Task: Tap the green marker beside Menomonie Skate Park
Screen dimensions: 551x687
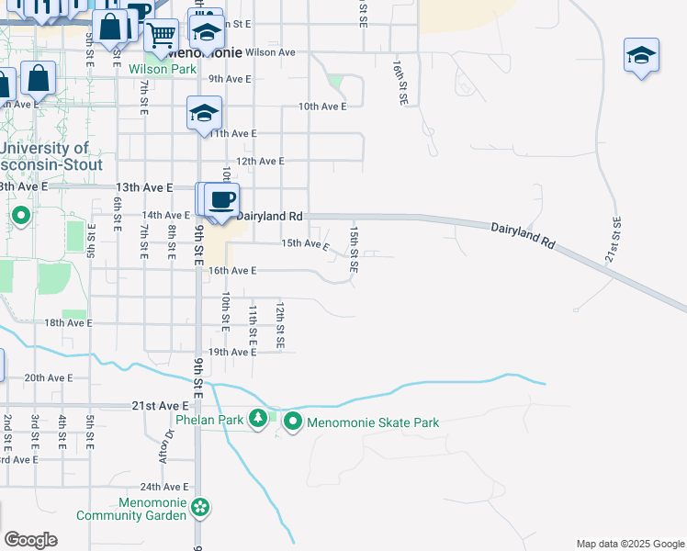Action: (x=293, y=422)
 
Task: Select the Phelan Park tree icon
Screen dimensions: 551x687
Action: (x=259, y=420)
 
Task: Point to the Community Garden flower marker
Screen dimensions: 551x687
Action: (x=200, y=506)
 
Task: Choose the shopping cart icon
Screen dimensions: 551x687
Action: (x=162, y=36)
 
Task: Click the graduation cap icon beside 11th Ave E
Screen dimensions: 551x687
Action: (x=204, y=114)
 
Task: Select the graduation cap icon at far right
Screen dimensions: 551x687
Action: (x=641, y=56)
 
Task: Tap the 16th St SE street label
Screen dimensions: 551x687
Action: (x=400, y=84)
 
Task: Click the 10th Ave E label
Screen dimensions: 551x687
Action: (x=321, y=107)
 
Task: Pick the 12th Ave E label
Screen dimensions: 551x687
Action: (x=260, y=161)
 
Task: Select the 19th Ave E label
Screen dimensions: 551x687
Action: (x=231, y=352)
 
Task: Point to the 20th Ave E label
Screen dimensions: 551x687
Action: (x=48, y=377)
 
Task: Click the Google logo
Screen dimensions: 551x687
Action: (x=30, y=540)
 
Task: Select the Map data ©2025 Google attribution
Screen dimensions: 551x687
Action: (x=628, y=544)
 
